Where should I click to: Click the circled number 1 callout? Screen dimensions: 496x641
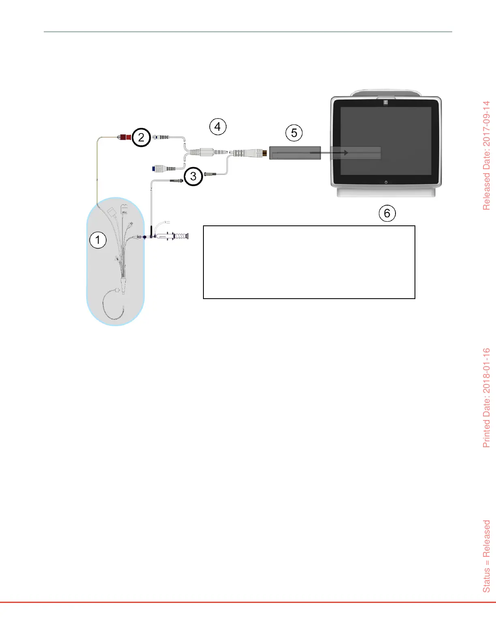coord(97,240)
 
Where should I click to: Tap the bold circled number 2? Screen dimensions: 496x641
coord(141,137)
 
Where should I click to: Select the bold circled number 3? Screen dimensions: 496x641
coord(193,176)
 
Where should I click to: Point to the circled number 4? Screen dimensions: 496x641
coord(218,127)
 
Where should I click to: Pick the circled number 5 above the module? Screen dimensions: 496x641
coord(294,133)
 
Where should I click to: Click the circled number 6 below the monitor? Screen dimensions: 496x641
coord(387,213)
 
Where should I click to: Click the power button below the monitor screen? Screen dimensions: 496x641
coord(386,182)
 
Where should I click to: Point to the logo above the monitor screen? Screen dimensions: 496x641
coord(386,102)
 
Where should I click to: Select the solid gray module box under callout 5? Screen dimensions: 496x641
coord(295,153)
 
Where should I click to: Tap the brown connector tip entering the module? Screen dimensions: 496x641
coord(265,153)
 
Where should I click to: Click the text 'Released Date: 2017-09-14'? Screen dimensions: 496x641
coord(486,155)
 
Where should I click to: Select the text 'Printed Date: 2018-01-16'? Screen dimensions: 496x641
coord(486,397)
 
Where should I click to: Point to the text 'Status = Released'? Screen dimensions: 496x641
coord(486,556)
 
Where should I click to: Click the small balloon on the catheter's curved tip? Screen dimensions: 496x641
coord(117,290)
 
